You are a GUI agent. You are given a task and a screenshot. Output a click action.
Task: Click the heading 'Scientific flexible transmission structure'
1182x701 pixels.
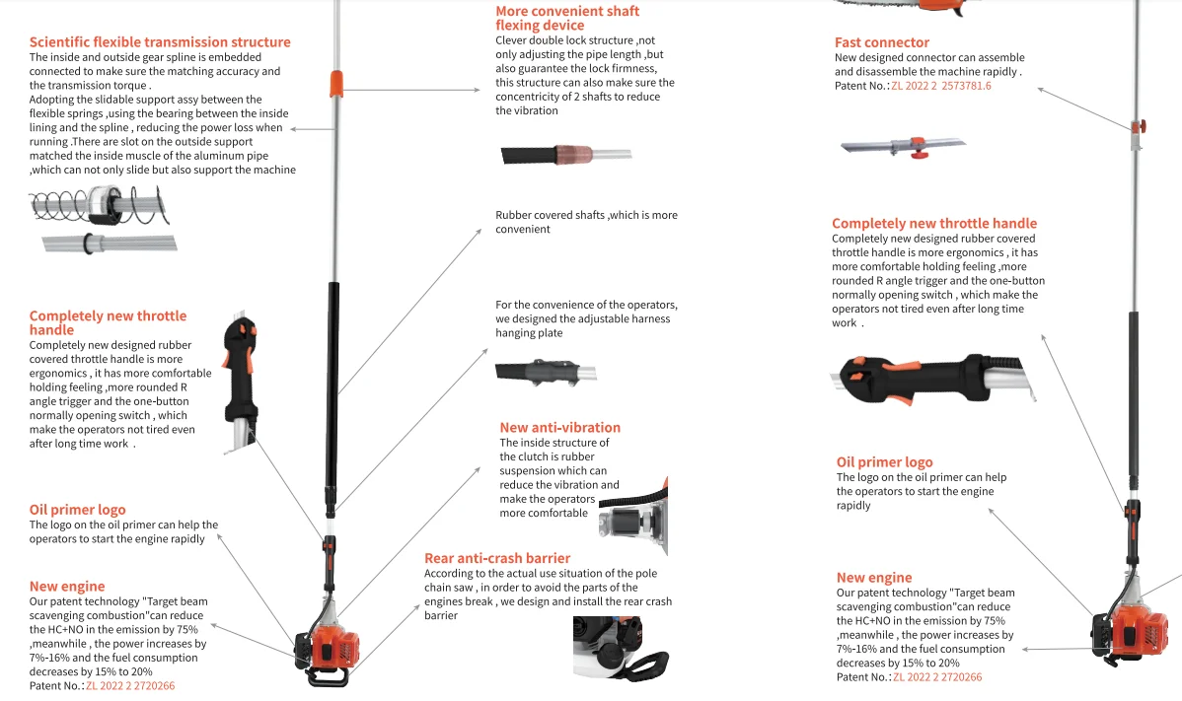click(160, 42)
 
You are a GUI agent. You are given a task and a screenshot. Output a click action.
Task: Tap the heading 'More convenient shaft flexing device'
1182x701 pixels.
click(567, 18)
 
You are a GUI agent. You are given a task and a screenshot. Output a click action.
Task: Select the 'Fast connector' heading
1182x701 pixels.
click(881, 42)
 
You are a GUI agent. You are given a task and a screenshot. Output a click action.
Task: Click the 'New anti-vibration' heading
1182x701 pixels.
click(559, 428)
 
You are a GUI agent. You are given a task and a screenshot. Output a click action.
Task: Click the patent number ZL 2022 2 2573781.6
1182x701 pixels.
click(940, 87)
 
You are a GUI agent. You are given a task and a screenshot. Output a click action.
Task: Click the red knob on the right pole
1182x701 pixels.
click(1140, 127)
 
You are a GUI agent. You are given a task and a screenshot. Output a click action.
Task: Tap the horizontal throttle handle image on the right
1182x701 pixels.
click(927, 380)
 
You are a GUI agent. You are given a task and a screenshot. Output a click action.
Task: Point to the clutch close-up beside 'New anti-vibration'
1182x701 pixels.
click(647, 518)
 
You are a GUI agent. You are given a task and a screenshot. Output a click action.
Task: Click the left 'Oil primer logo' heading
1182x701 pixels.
click(77, 510)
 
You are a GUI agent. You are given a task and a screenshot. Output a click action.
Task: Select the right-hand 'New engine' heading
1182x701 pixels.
click(873, 578)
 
